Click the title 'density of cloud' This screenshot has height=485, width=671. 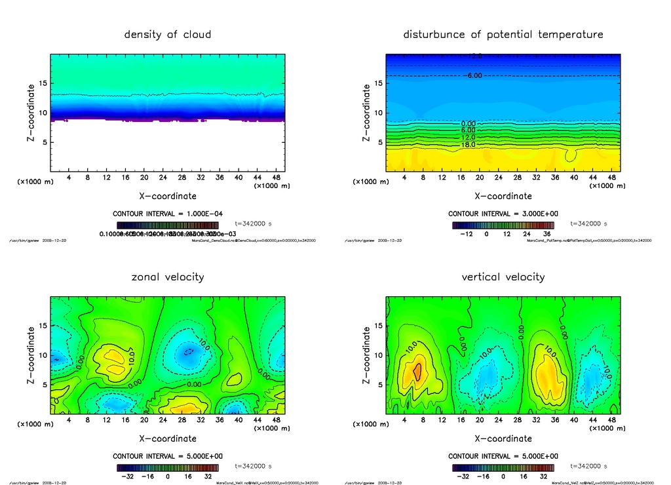tap(168, 34)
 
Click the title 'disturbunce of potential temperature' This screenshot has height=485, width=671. tap(503, 34)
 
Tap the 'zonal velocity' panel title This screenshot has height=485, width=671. tap(168, 277)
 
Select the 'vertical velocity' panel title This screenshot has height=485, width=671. tap(503, 277)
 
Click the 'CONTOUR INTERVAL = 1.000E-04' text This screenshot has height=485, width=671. tap(168, 214)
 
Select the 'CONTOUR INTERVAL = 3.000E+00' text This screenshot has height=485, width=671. tap(503, 214)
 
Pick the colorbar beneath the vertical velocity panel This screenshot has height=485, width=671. tap(503, 468)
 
